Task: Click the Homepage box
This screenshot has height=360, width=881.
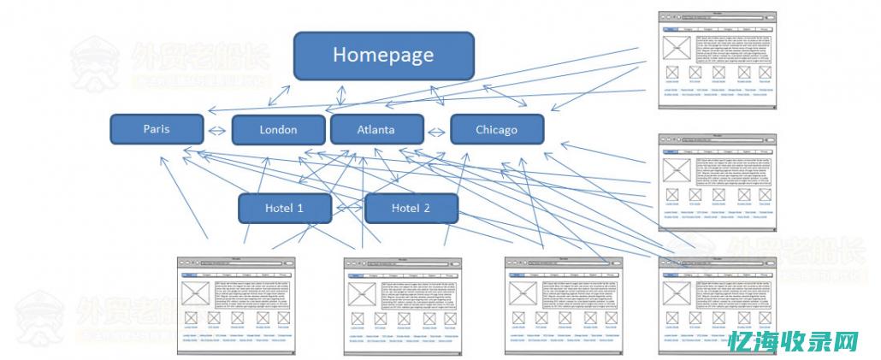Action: (x=383, y=56)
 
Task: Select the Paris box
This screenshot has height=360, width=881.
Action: (x=157, y=129)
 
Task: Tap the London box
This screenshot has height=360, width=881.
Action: (x=278, y=130)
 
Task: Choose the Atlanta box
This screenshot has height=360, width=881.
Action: (x=376, y=130)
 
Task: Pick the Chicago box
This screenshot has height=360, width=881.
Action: (x=496, y=130)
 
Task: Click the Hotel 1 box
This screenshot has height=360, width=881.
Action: (x=284, y=208)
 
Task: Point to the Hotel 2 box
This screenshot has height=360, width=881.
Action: (x=411, y=208)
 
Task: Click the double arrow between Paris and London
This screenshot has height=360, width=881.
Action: (x=218, y=131)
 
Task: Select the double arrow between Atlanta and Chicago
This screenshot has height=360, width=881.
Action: (x=437, y=132)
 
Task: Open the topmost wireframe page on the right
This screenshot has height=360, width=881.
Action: (x=716, y=60)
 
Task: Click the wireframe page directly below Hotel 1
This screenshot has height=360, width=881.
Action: (x=236, y=304)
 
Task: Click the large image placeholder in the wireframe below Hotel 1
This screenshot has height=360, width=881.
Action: (x=196, y=293)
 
